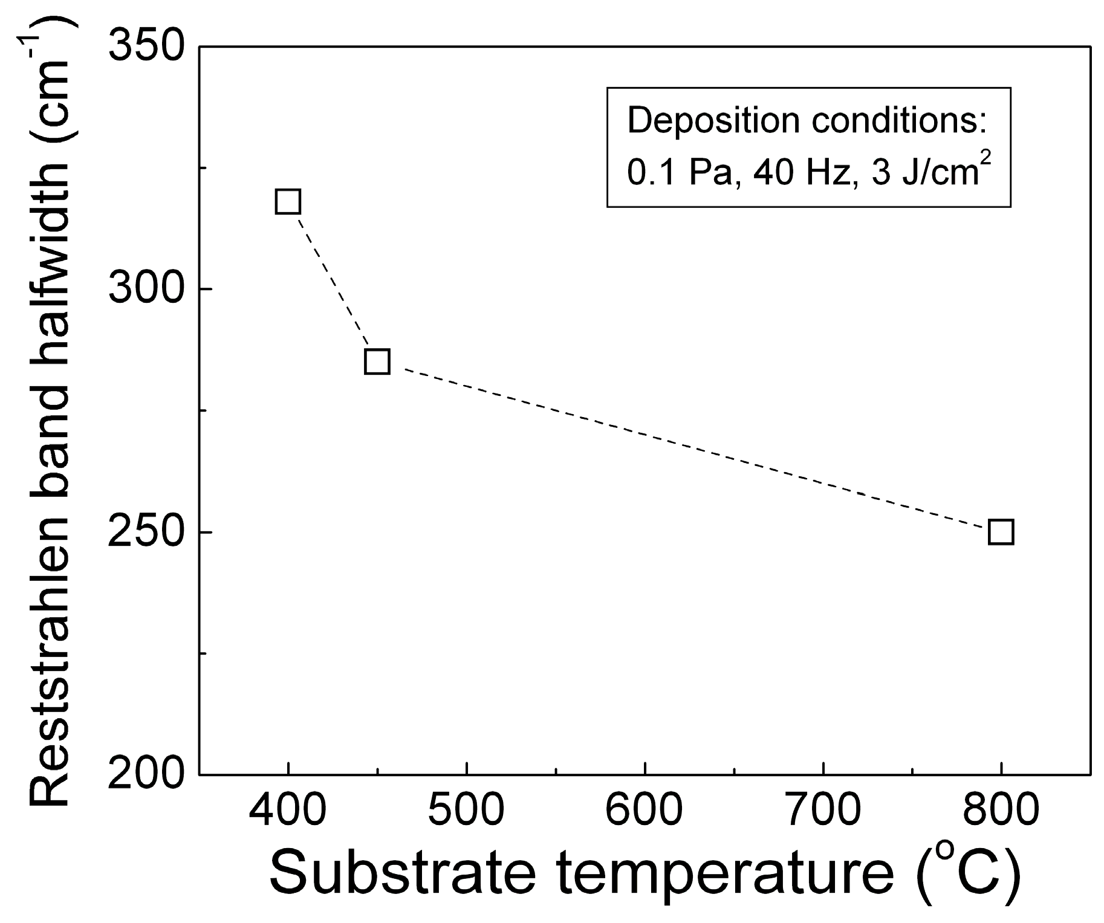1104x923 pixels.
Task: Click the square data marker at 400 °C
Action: pyautogui.click(x=288, y=201)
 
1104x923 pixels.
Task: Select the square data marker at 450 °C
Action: pyautogui.click(x=377, y=361)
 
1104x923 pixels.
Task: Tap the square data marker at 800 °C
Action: pyautogui.click(x=1001, y=532)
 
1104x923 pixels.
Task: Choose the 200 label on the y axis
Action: pyautogui.click(x=145, y=774)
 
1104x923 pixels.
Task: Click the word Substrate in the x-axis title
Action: pyautogui.click(x=403, y=873)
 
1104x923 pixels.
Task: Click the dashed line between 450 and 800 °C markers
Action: pyautogui.click(x=689, y=447)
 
